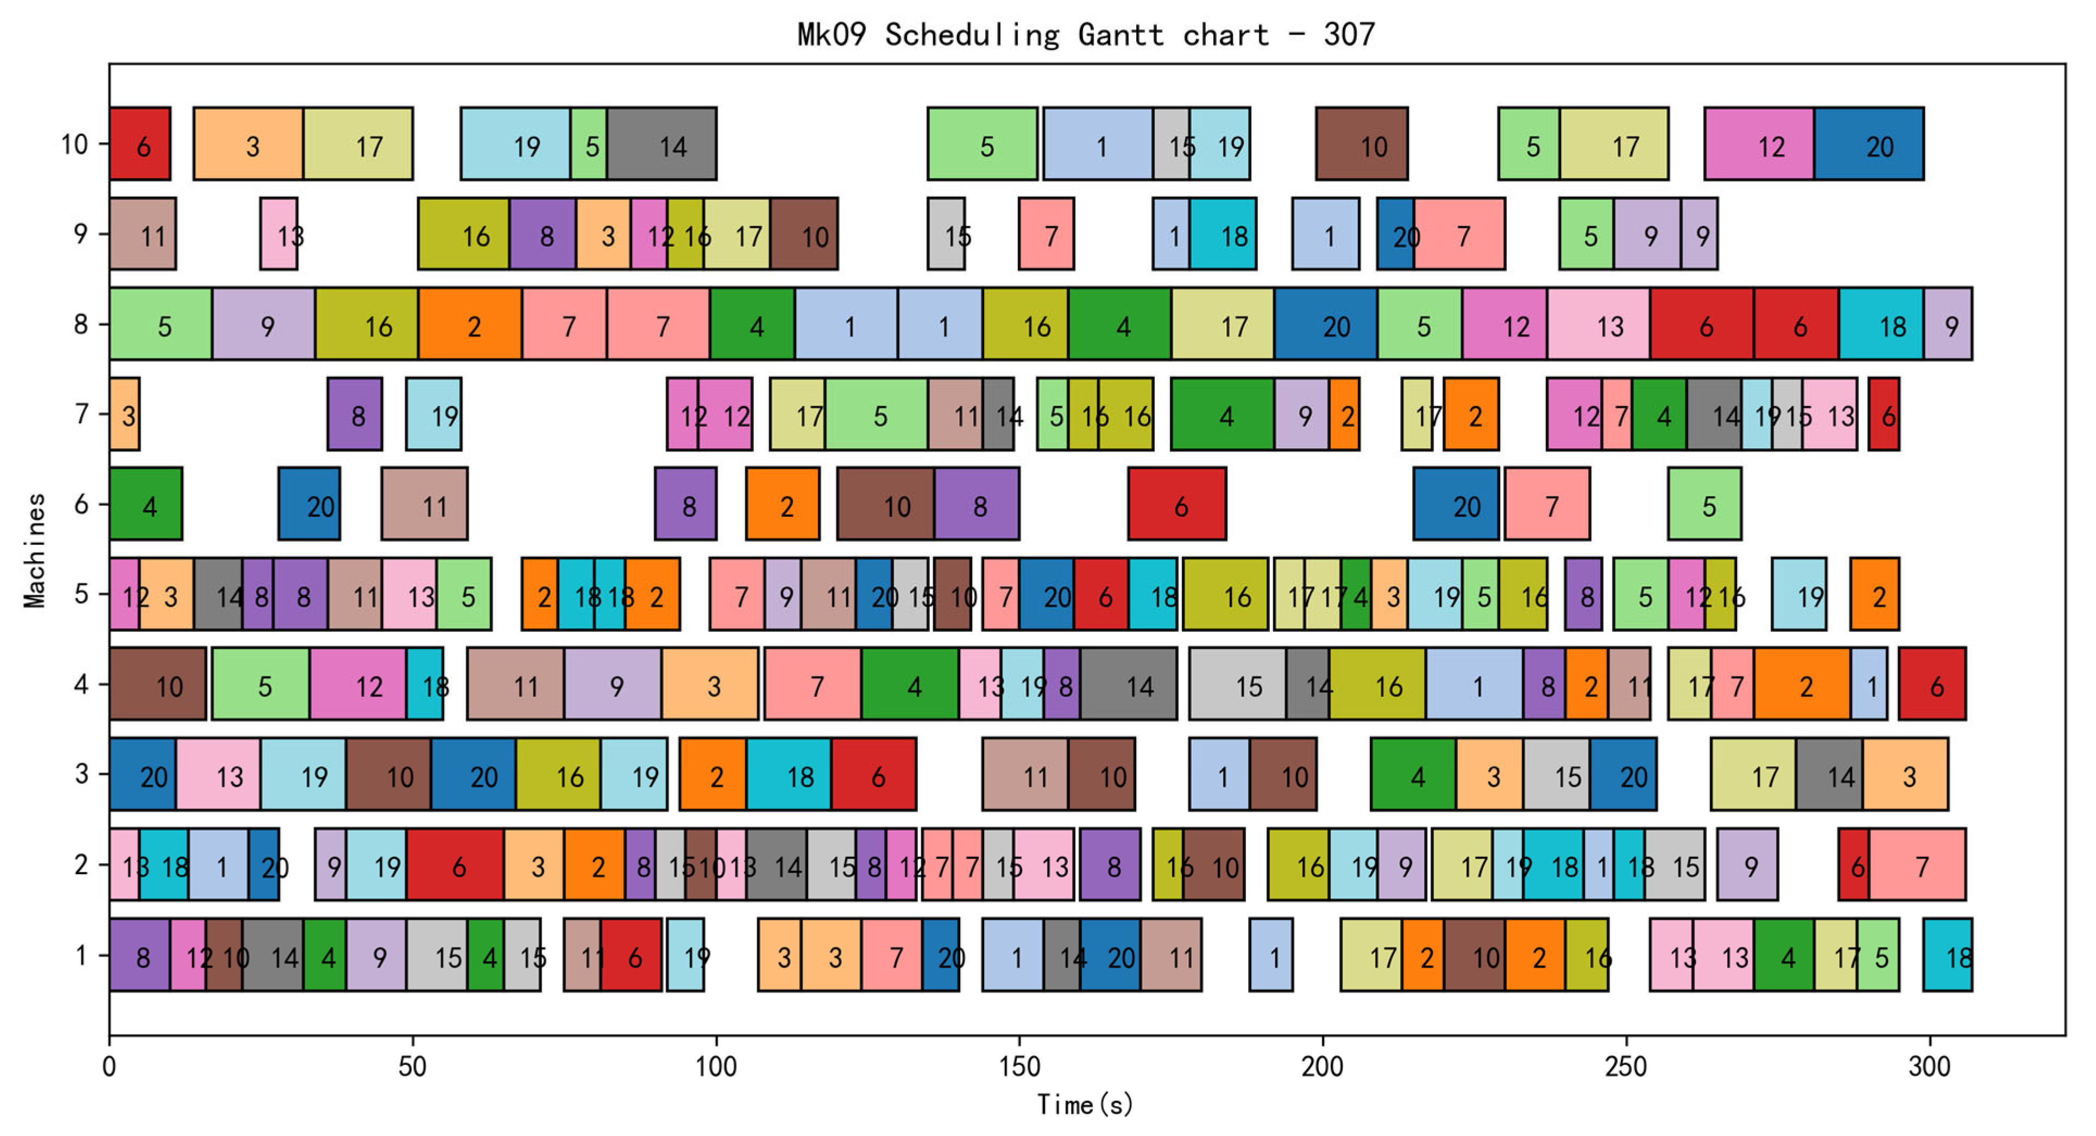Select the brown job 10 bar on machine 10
[x=1361, y=144]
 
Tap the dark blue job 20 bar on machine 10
[x=1868, y=144]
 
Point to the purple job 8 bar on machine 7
[x=354, y=414]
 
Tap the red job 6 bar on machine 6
[x=1176, y=505]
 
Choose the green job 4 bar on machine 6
[x=146, y=505]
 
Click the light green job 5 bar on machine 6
[x=1704, y=505]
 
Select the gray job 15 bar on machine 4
[x=1237, y=685]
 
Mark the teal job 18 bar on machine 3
[x=789, y=775]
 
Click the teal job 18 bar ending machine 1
[x=1947, y=955]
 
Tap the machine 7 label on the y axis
[x=81, y=414]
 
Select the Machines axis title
[x=34, y=550]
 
